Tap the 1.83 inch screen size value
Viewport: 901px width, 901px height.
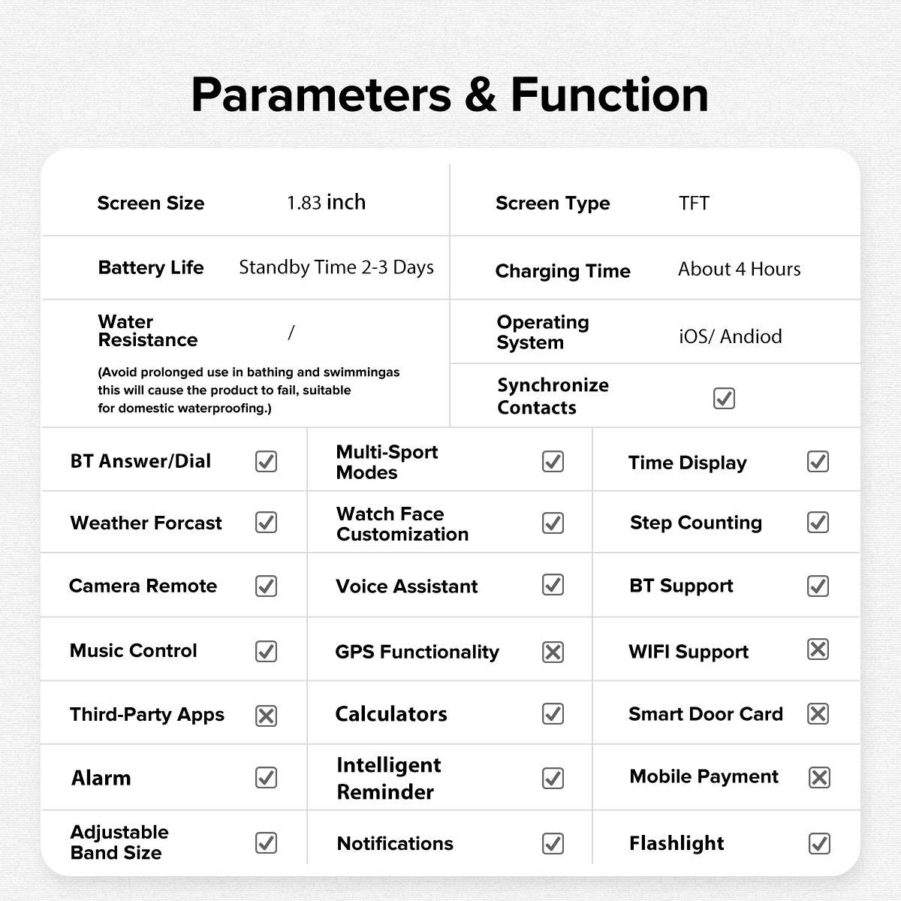tap(326, 203)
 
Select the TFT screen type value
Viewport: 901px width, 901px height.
tap(694, 203)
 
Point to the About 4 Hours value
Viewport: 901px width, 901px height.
tap(739, 269)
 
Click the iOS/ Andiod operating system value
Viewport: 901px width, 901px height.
tap(730, 336)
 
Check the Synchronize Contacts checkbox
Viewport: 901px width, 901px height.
tap(724, 398)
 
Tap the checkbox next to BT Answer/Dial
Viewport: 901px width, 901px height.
tap(266, 461)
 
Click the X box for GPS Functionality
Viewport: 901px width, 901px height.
tap(553, 652)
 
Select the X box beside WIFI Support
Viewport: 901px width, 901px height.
tap(818, 649)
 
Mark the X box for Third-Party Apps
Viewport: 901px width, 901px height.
tap(266, 716)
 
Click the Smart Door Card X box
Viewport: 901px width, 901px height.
tap(818, 713)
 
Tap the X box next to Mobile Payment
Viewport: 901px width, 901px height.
tap(818, 777)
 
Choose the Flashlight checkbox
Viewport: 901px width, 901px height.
tap(818, 843)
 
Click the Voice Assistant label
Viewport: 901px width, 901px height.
tap(406, 586)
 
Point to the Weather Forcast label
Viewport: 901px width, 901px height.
tap(146, 523)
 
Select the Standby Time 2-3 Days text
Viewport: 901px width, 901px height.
tap(336, 267)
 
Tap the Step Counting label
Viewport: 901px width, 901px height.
tap(695, 523)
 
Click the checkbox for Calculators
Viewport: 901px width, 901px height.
tap(553, 713)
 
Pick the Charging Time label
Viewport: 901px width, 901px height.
tap(562, 271)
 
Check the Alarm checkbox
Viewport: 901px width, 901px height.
tap(266, 777)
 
